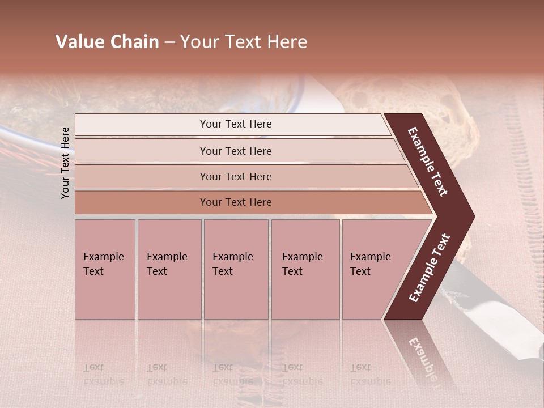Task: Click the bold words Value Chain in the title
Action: point(107,42)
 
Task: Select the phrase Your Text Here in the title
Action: point(244,42)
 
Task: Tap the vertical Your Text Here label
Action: point(65,163)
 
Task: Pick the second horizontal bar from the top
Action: point(236,151)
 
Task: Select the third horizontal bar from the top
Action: point(236,176)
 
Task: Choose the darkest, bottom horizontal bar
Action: point(236,202)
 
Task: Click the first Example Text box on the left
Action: point(105,269)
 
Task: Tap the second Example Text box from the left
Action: point(169,269)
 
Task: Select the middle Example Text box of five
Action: point(236,269)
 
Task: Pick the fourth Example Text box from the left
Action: point(305,269)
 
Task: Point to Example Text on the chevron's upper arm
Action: point(428,161)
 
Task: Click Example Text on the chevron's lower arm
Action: point(430,268)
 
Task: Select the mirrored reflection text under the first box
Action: point(103,374)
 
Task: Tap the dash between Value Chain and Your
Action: point(169,42)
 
